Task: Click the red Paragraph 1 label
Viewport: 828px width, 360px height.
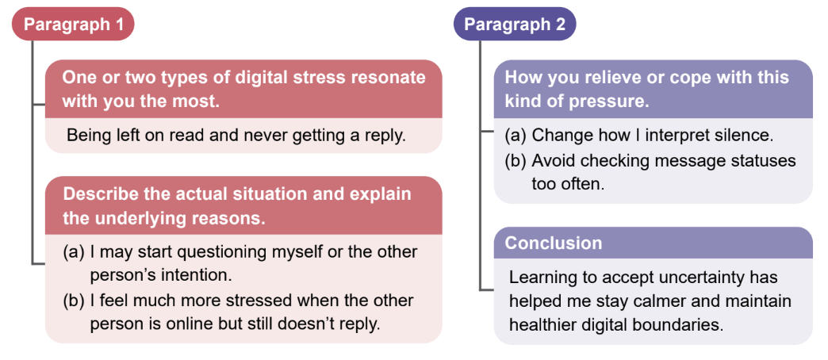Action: [73, 25]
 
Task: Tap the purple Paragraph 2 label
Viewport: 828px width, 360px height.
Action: [515, 25]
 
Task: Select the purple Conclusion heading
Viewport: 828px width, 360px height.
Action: [554, 243]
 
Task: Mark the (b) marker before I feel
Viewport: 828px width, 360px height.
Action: [74, 301]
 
